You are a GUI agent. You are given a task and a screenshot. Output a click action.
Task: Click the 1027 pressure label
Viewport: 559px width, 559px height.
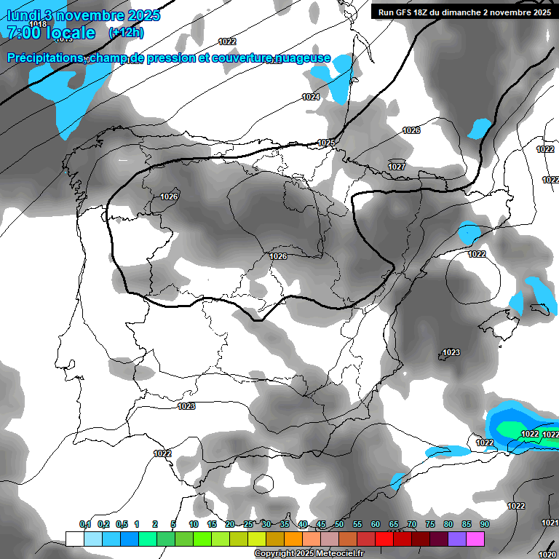397,167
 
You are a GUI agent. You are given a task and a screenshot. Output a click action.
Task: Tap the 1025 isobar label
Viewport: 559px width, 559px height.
327,143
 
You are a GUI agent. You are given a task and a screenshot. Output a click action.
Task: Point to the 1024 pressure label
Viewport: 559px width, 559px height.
311,97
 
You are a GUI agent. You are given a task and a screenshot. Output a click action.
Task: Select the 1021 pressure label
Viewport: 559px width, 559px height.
550,523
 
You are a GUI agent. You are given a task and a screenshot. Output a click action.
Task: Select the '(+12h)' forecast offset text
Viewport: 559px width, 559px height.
126,33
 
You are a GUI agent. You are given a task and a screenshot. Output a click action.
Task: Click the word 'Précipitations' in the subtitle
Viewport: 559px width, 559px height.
43,58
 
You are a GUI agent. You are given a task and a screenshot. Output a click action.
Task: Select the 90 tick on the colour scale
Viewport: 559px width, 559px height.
484,524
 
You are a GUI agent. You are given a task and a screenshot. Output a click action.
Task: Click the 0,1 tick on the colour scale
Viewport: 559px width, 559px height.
84,524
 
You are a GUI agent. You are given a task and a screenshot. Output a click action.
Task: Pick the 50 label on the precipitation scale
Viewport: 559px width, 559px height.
339,524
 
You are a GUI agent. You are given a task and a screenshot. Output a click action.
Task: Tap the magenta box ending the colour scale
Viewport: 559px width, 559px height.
476,539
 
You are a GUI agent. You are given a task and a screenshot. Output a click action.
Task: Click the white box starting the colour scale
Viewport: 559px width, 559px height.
74,539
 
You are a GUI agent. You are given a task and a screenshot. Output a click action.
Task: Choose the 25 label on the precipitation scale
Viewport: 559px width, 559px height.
248,524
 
